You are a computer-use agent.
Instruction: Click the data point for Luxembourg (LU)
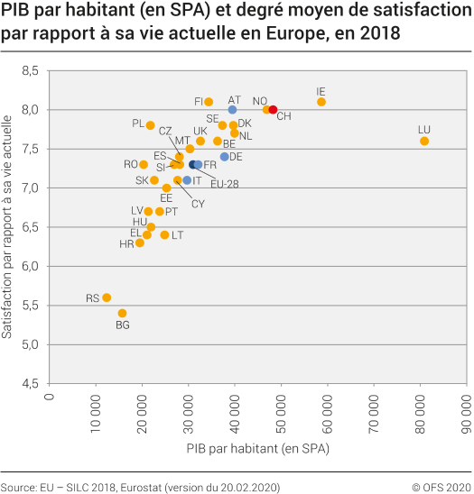point(424,141)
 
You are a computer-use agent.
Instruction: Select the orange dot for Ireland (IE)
point(321,102)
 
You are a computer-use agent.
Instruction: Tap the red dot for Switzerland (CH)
point(274,110)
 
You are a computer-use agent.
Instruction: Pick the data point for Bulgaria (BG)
point(122,313)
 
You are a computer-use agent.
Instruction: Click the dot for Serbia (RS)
point(107,297)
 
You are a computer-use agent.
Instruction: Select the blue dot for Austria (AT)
point(232,110)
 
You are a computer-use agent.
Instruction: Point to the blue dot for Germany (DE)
point(225,157)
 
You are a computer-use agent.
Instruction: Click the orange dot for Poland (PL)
point(151,125)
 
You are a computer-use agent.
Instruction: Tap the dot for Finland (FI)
point(209,102)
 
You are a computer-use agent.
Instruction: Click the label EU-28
point(224,184)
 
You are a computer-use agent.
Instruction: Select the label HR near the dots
point(126,244)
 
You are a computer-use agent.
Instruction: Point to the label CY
point(198,204)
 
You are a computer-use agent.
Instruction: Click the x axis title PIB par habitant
point(257,448)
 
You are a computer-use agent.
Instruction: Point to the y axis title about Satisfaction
point(8,225)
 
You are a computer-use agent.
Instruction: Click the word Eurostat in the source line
point(148,486)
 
